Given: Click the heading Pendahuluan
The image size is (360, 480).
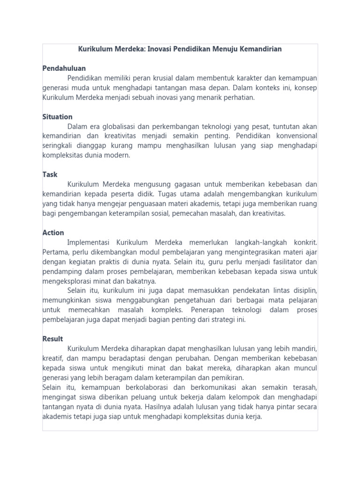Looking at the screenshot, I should tap(64, 68).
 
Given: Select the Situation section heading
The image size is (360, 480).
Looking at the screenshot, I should tap(57, 117).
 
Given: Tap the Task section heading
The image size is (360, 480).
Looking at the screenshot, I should tap(50, 174).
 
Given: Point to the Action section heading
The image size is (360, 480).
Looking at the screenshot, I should tap(53, 232).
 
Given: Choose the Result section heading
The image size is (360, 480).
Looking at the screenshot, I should tap(52, 338).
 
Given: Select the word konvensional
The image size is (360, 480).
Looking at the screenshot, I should tap(294, 136).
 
